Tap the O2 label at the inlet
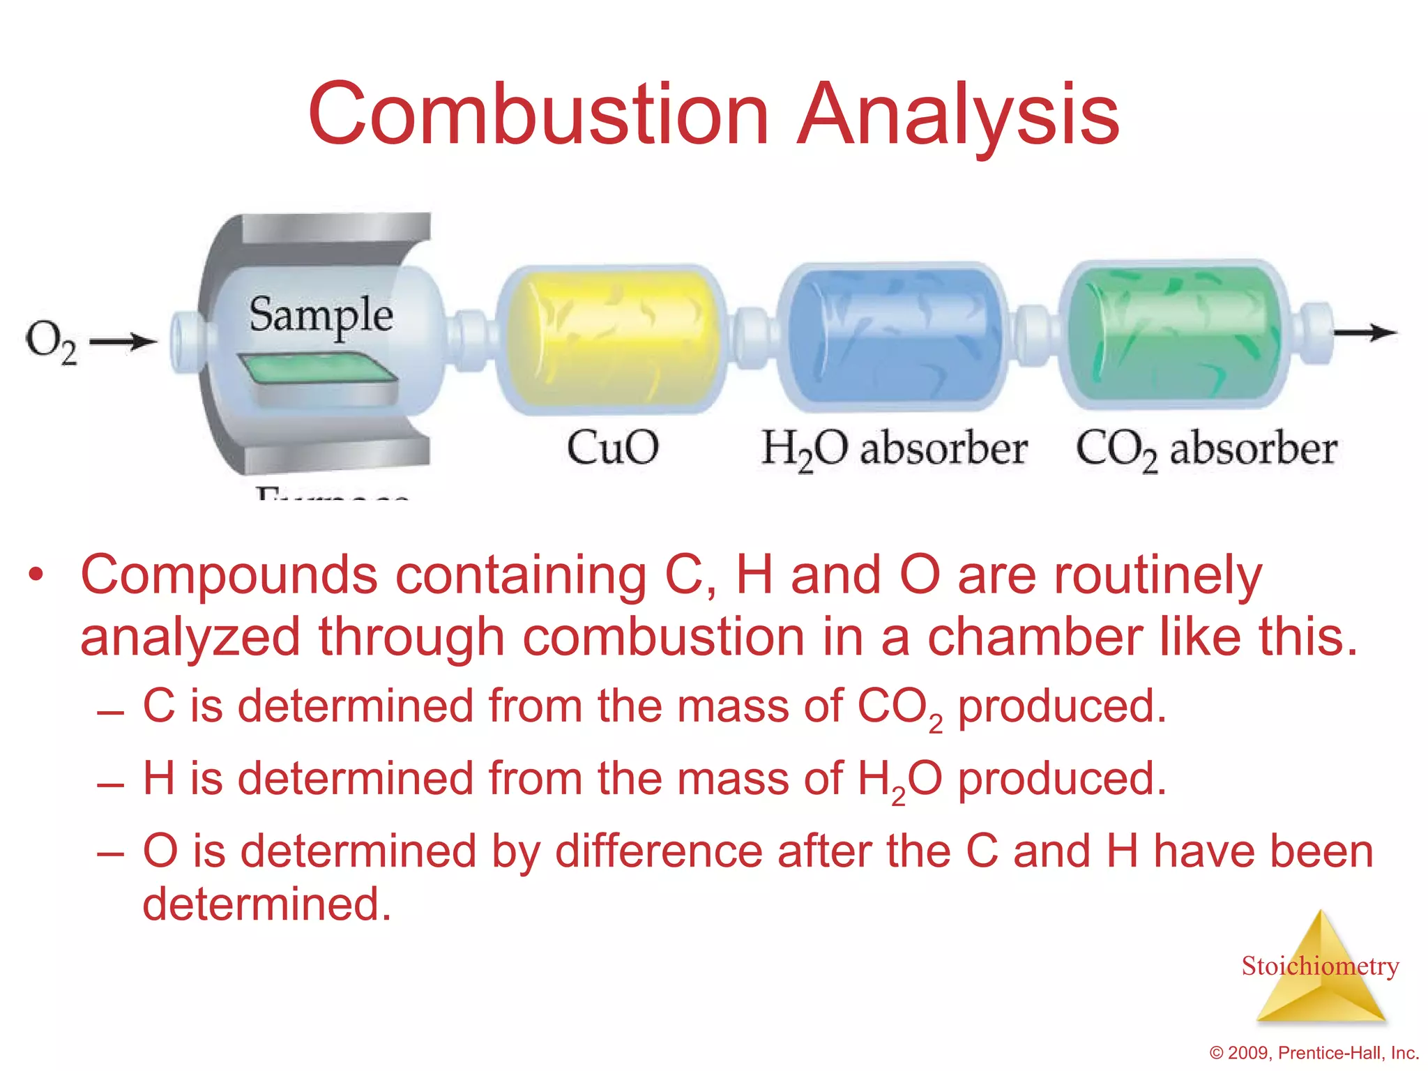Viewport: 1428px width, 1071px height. point(50,342)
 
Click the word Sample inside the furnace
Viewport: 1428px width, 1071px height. point(321,315)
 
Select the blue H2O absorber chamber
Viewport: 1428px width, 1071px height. point(892,336)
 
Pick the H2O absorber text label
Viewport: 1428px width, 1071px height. point(893,448)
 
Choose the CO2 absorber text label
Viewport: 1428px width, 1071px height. point(1206,448)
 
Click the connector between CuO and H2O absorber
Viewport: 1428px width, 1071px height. point(752,337)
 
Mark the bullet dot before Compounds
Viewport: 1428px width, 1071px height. point(36,577)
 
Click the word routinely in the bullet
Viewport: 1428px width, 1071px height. point(1157,575)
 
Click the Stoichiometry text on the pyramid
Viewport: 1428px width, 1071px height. point(1320,966)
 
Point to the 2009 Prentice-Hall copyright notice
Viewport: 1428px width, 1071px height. point(1314,1053)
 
